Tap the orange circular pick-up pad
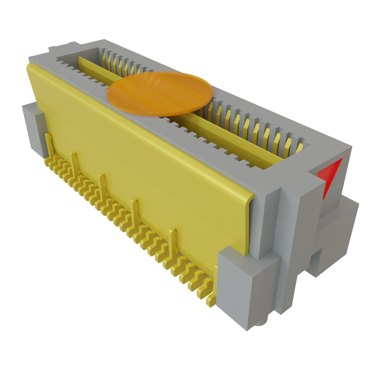pos(160,94)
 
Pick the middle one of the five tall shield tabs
pos(102,184)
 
